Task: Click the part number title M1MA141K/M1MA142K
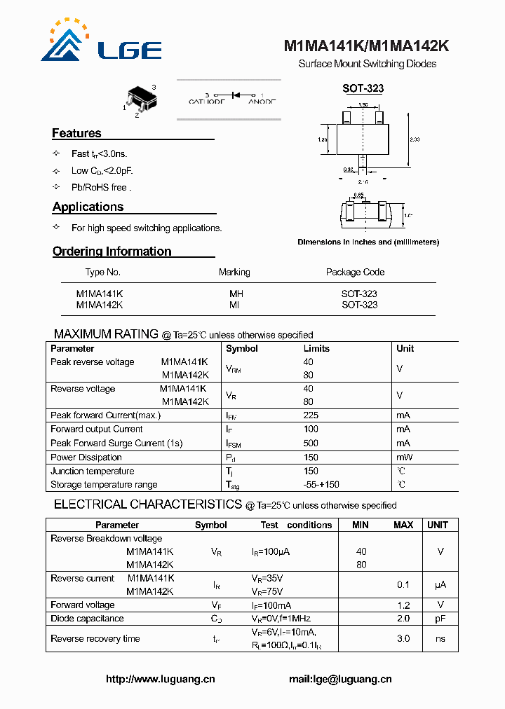coord(366,47)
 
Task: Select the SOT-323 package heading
coord(363,89)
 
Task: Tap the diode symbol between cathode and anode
coord(236,95)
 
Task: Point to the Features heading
coord(76,133)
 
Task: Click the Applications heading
coord(88,207)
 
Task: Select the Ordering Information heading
coord(112,252)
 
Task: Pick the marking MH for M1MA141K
coord(236,294)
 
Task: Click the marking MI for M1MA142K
coord(234,305)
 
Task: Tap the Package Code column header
coord(355,272)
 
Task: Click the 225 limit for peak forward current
coord(311,415)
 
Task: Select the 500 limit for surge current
coord(311,443)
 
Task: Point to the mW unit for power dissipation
coord(403,457)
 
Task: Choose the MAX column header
coord(403,525)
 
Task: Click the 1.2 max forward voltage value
coord(403,605)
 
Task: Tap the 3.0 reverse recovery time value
coord(403,639)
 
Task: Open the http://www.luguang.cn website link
coord(160,679)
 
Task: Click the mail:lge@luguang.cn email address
coord(340,679)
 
